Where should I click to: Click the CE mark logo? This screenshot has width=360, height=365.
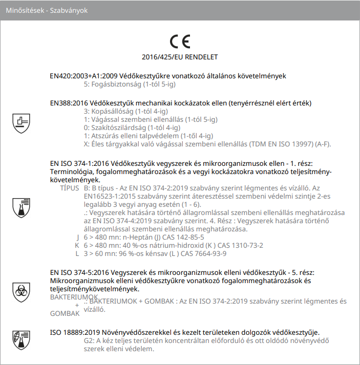[180, 41]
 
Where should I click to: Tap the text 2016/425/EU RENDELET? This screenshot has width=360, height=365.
[180, 57]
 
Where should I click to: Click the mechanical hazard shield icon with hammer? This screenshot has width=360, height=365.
[21, 123]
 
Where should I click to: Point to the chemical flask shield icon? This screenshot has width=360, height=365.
[21, 207]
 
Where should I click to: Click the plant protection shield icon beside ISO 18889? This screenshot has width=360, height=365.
[21, 338]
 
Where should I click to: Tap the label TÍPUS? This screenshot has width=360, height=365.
[70, 188]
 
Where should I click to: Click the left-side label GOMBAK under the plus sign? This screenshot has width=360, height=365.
[65, 313]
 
